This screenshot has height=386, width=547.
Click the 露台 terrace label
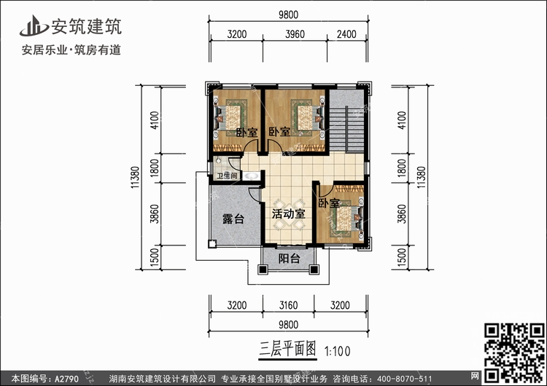click(233, 219)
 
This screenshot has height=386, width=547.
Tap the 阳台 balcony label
click(290, 259)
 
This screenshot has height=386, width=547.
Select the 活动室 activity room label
click(289, 213)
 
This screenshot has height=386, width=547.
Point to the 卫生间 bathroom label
click(227, 176)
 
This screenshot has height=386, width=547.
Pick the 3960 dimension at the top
click(295, 34)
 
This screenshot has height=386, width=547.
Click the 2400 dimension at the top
click(346, 34)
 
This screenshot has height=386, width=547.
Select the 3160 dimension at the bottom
click(289, 305)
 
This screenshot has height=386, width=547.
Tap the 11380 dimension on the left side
click(136, 177)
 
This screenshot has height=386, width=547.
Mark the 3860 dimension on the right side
click(402, 214)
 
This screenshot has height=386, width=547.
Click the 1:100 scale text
click(338, 351)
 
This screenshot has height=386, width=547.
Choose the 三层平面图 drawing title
click(288, 349)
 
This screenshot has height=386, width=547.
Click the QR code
click(515, 353)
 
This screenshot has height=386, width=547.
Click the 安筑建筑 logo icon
click(34, 26)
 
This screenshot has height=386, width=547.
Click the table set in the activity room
click(289, 215)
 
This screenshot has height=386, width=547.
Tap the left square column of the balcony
click(263, 269)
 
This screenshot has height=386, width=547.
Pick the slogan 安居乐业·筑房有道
click(71, 50)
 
